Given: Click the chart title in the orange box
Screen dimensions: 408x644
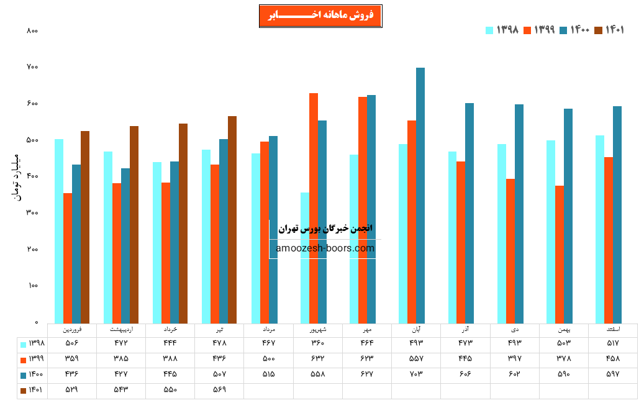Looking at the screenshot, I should point(320,16).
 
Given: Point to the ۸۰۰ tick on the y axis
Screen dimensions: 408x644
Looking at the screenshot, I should point(33,30).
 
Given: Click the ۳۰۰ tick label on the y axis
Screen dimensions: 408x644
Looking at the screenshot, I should point(33,213).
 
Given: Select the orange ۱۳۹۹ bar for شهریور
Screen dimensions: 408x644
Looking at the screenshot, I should point(314,208).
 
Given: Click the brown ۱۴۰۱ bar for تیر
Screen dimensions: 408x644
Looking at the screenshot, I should point(232,219).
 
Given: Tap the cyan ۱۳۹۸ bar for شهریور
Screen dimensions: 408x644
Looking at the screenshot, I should point(305,258).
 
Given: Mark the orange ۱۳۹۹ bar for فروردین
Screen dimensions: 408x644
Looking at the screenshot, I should point(68,258).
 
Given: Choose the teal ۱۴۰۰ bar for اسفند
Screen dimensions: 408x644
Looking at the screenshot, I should point(617,214).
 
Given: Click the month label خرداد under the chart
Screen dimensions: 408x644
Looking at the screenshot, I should point(170,329).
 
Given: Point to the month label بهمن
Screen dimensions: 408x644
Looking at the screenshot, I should point(564,329).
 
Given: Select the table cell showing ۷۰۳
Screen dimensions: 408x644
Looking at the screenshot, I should point(416,374).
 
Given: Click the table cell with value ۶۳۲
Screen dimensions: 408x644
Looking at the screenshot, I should point(317,359).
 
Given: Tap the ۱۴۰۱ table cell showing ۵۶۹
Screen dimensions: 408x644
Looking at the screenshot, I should point(219,390).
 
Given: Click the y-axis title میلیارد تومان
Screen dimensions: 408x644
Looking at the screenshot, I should point(17,177).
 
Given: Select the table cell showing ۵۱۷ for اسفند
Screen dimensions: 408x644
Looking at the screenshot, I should point(613,343).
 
